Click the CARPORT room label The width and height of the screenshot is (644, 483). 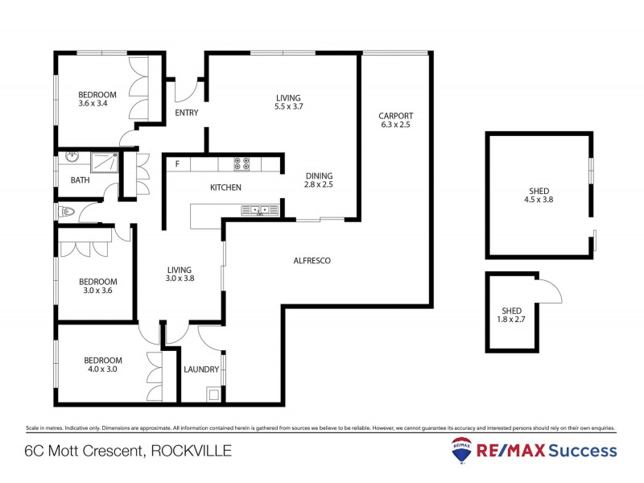click(x=395, y=116)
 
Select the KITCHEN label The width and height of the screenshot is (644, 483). click(x=225, y=188)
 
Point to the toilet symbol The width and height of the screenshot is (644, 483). click(x=66, y=213)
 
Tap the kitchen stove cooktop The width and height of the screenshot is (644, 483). click(x=241, y=163)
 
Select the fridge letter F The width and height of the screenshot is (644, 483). click(x=176, y=164)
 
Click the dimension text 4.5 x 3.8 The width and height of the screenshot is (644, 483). click(x=535, y=201)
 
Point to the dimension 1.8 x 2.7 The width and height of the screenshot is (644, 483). click(x=512, y=320)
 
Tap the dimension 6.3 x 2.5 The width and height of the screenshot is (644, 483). click(x=395, y=125)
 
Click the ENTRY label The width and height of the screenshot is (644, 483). click(x=186, y=113)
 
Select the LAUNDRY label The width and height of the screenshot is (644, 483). click(x=200, y=369)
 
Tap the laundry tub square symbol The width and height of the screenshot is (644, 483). click(x=213, y=394)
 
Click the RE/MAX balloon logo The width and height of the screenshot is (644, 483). click(x=462, y=451)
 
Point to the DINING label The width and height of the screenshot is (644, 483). click(x=318, y=175)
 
